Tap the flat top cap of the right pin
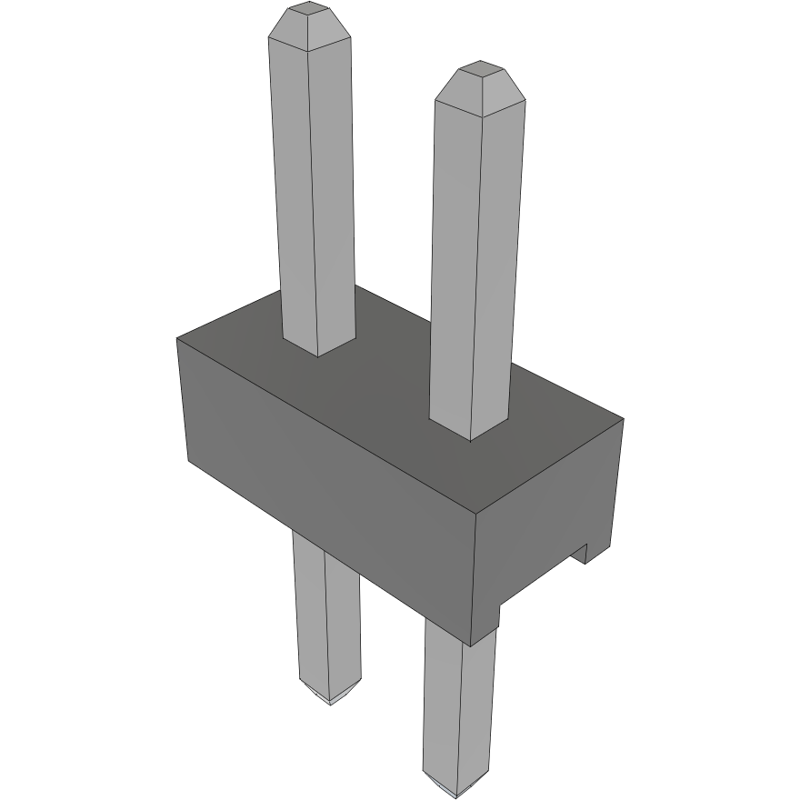point(478,68)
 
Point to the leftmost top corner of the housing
point(177,338)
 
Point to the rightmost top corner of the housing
point(623,419)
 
